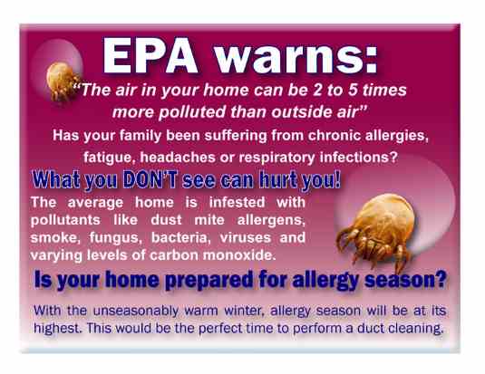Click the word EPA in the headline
pyautogui.click(x=150, y=56)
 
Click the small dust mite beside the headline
pyautogui.click(x=62, y=81)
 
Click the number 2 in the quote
pyautogui.click(x=317, y=90)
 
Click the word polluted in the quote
pyautogui.click(x=192, y=112)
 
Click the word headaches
pyautogui.click(x=178, y=158)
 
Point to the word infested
pyautogui.click(x=237, y=203)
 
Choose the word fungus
pyautogui.click(x=115, y=238)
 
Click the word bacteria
pyautogui.click(x=180, y=237)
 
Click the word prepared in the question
pyautogui.click(x=209, y=280)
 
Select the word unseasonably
pyautogui.click(x=136, y=311)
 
